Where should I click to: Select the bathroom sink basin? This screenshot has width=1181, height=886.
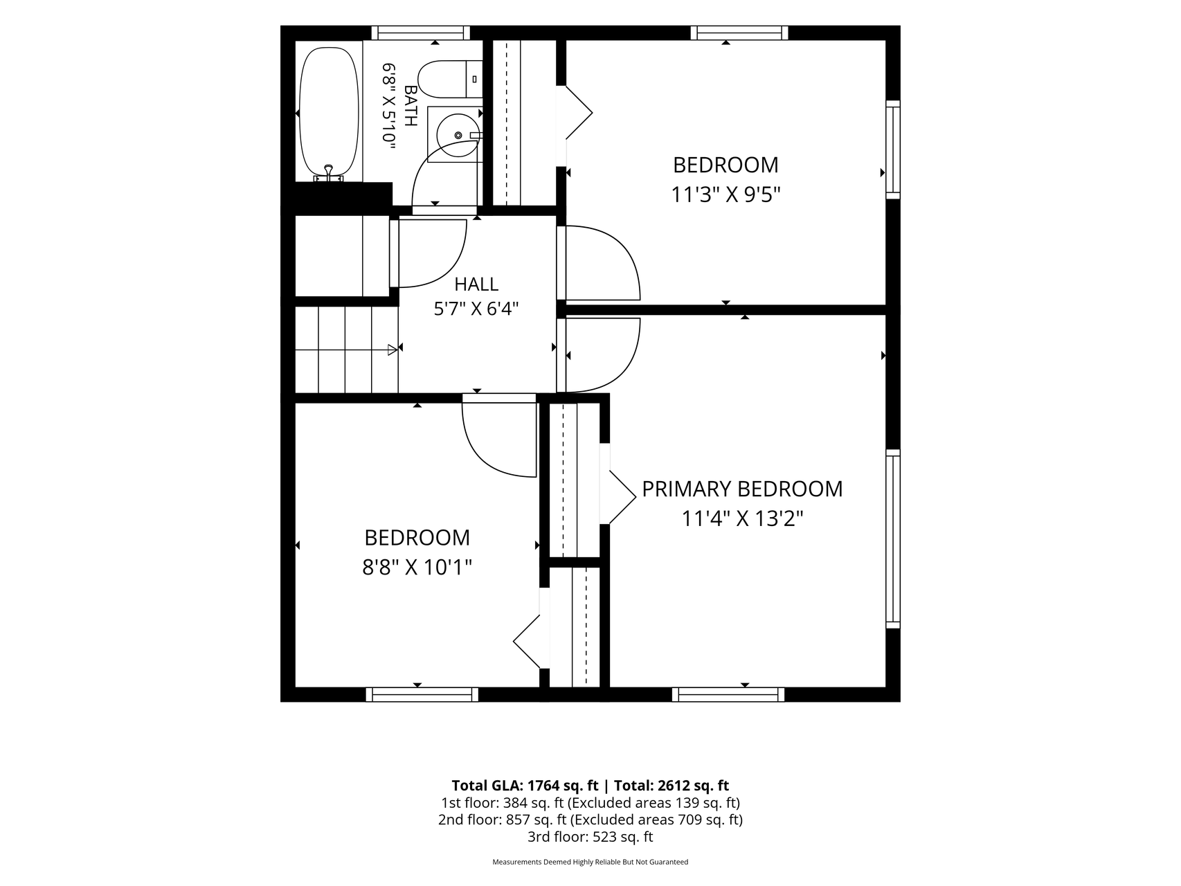[x=455, y=134]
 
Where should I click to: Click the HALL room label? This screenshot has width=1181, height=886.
[x=476, y=284]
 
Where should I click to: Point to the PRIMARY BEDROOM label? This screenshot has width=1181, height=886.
[x=742, y=489]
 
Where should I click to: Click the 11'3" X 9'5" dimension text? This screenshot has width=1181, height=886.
[x=725, y=195]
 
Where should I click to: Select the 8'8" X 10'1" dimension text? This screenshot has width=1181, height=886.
[x=417, y=568]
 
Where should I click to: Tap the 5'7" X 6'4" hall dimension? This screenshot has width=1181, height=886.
[x=476, y=309]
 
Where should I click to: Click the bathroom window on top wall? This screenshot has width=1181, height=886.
[x=421, y=33]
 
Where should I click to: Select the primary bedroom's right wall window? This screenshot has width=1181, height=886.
[x=893, y=539]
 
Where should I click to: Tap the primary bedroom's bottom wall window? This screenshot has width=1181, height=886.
[x=728, y=694]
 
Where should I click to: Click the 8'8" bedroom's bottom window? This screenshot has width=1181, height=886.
[x=422, y=694]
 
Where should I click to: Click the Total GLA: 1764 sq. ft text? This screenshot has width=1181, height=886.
[x=525, y=786]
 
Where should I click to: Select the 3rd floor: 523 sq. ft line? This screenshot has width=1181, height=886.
[x=590, y=837]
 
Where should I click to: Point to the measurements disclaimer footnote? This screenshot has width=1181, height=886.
[x=590, y=862]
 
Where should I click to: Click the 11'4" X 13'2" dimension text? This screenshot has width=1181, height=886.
[x=742, y=519]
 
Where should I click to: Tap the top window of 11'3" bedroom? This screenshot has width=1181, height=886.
[x=739, y=33]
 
